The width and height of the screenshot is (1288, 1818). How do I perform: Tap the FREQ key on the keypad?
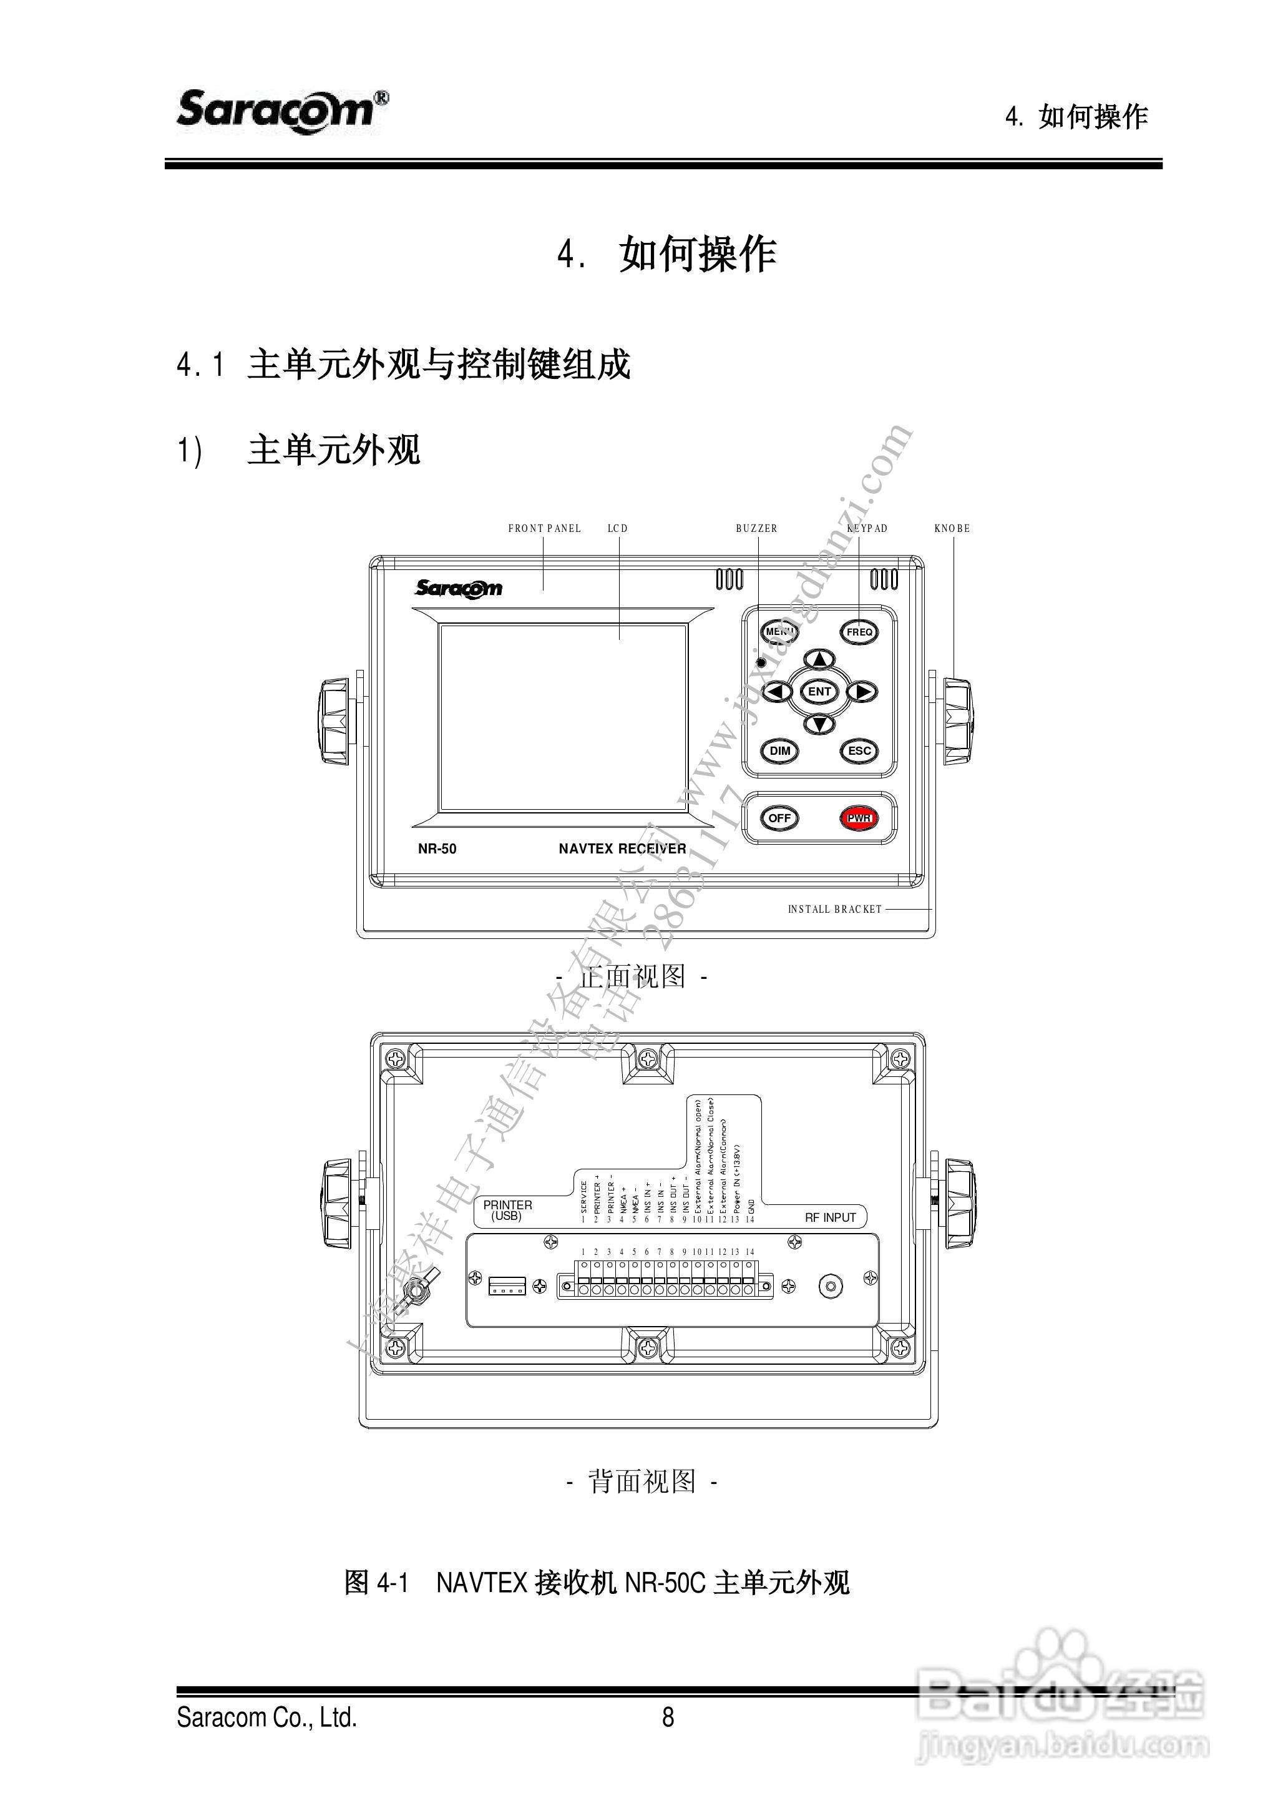pyautogui.click(x=859, y=632)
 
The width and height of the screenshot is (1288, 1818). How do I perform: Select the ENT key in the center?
pyautogui.click(x=819, y=691)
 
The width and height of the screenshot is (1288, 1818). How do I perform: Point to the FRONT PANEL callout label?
pyautogui.click(x=544, y=529)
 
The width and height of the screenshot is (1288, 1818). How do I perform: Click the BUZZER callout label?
pyautogui.click(x=756, y=529)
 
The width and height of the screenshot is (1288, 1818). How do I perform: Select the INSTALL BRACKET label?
pyautogui.click(x=834, y=910)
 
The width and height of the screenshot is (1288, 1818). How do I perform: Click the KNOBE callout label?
pyautogui.click(x=952, y=529)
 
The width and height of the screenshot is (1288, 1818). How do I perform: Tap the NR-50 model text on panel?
pyautogui.click(x=437, y=849)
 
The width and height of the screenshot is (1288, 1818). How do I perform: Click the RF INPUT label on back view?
pyautogui.click(x=831, y=1217)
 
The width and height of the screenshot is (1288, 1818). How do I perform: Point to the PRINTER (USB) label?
pyautogui.click(x=507, y=1210)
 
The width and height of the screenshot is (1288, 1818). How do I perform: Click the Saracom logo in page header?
pyautogui.click(x=281, y=111)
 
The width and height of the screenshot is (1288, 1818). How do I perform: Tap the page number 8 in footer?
pyautogui.click(x=668, y=1717)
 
